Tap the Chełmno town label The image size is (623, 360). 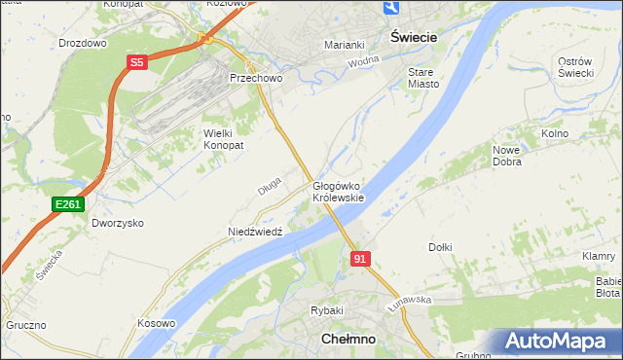348,340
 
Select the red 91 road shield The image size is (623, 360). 360,259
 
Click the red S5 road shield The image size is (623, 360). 137,62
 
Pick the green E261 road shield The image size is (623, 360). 68,204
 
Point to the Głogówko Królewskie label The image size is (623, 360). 338,192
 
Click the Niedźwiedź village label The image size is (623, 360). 255,233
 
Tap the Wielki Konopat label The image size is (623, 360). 223,138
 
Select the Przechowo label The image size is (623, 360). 254,78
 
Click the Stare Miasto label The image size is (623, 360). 423,78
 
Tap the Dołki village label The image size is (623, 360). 440,247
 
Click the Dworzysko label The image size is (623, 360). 118,223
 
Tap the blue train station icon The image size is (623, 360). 391,8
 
